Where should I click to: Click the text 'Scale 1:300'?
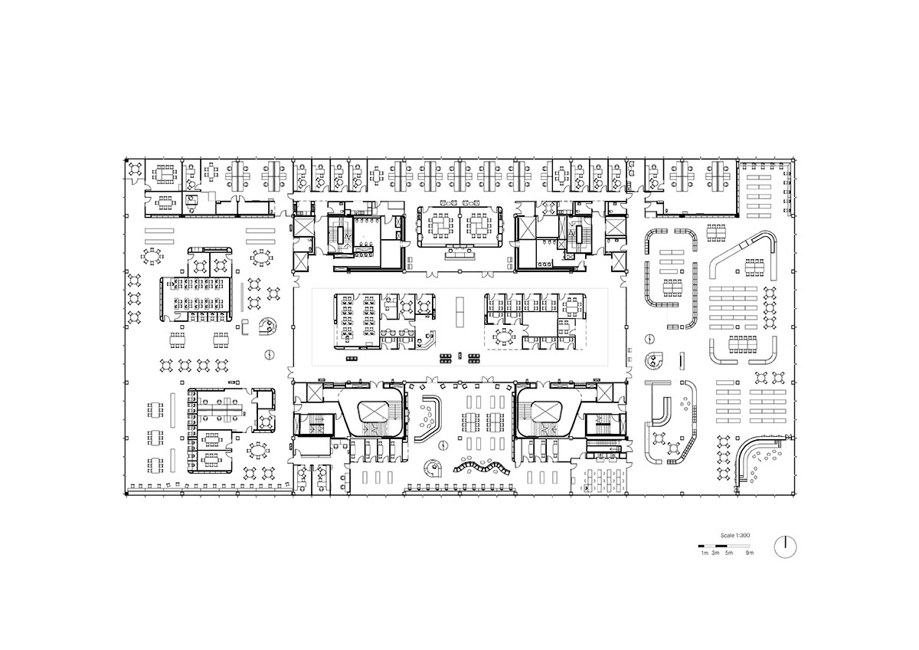coord(735,536)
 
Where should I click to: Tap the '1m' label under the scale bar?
coord(705,553)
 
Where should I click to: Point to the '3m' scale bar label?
coord(715,553)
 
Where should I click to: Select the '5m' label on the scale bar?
coord(729,553)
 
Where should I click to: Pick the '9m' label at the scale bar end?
coord(750,553)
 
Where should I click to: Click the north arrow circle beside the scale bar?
coord(785,547)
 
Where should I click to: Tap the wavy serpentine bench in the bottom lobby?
coord(481,468)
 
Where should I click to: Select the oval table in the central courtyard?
coord(502,337)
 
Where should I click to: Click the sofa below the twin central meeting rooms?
coord(460,254)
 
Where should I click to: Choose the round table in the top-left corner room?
coord(135,169)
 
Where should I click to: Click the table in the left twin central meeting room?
coord(440,225)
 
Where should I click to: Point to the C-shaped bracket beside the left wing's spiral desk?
coord(245,327)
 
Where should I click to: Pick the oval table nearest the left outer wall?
coord(152,257)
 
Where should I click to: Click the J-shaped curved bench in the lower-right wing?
coord(659,410)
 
